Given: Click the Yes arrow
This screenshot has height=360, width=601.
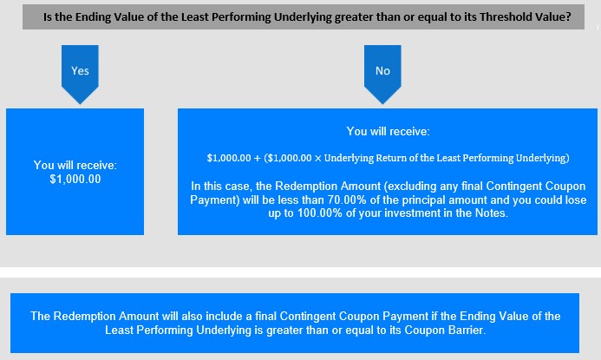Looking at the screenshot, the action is point(80,73).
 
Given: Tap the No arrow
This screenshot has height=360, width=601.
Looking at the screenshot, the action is point(382,73).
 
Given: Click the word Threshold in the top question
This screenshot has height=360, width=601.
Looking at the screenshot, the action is point(503,17).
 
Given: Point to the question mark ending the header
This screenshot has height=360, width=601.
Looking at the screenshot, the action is point(568,17).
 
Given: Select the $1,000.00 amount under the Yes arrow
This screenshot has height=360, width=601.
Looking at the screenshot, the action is point(75,179).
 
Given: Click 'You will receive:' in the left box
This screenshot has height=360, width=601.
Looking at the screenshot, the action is point(75,165).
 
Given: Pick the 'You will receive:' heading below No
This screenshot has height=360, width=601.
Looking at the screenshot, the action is point(388,132).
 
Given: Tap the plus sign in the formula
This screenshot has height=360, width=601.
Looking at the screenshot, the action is point(258,159).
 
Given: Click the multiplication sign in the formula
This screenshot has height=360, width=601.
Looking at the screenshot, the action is point(317,159).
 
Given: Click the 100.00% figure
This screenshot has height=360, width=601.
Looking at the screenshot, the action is point(320,213).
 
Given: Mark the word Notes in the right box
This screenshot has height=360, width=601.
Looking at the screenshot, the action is point(492,213).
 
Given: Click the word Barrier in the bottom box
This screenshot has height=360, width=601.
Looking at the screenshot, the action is point(467,331).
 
